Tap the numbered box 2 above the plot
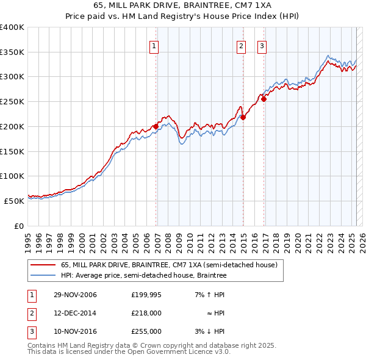coord(241,45)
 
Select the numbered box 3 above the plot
coord(262,45)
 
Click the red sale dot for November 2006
coord(156,126)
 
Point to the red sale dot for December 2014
coord(243,117)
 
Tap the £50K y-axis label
coord(14,201)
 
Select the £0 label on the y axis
coord(18,226)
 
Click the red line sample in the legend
coord(43,265)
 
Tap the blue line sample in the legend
coord(43,275)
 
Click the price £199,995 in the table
coord(146,295)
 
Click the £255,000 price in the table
coord(146,331)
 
